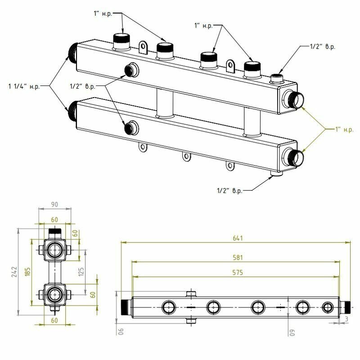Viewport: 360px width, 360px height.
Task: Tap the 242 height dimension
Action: tap(13, 272)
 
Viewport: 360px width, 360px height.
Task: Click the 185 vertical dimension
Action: tap(27, 272)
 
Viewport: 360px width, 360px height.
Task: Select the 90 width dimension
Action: tap(55, 205)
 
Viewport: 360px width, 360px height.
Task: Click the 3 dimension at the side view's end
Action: tap(346, 319)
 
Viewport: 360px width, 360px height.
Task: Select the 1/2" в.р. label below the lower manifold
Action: tap(229, 191)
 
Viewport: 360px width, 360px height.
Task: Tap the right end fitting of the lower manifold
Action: tap(295, 157)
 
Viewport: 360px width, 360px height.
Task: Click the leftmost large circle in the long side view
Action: tap(169, 308)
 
